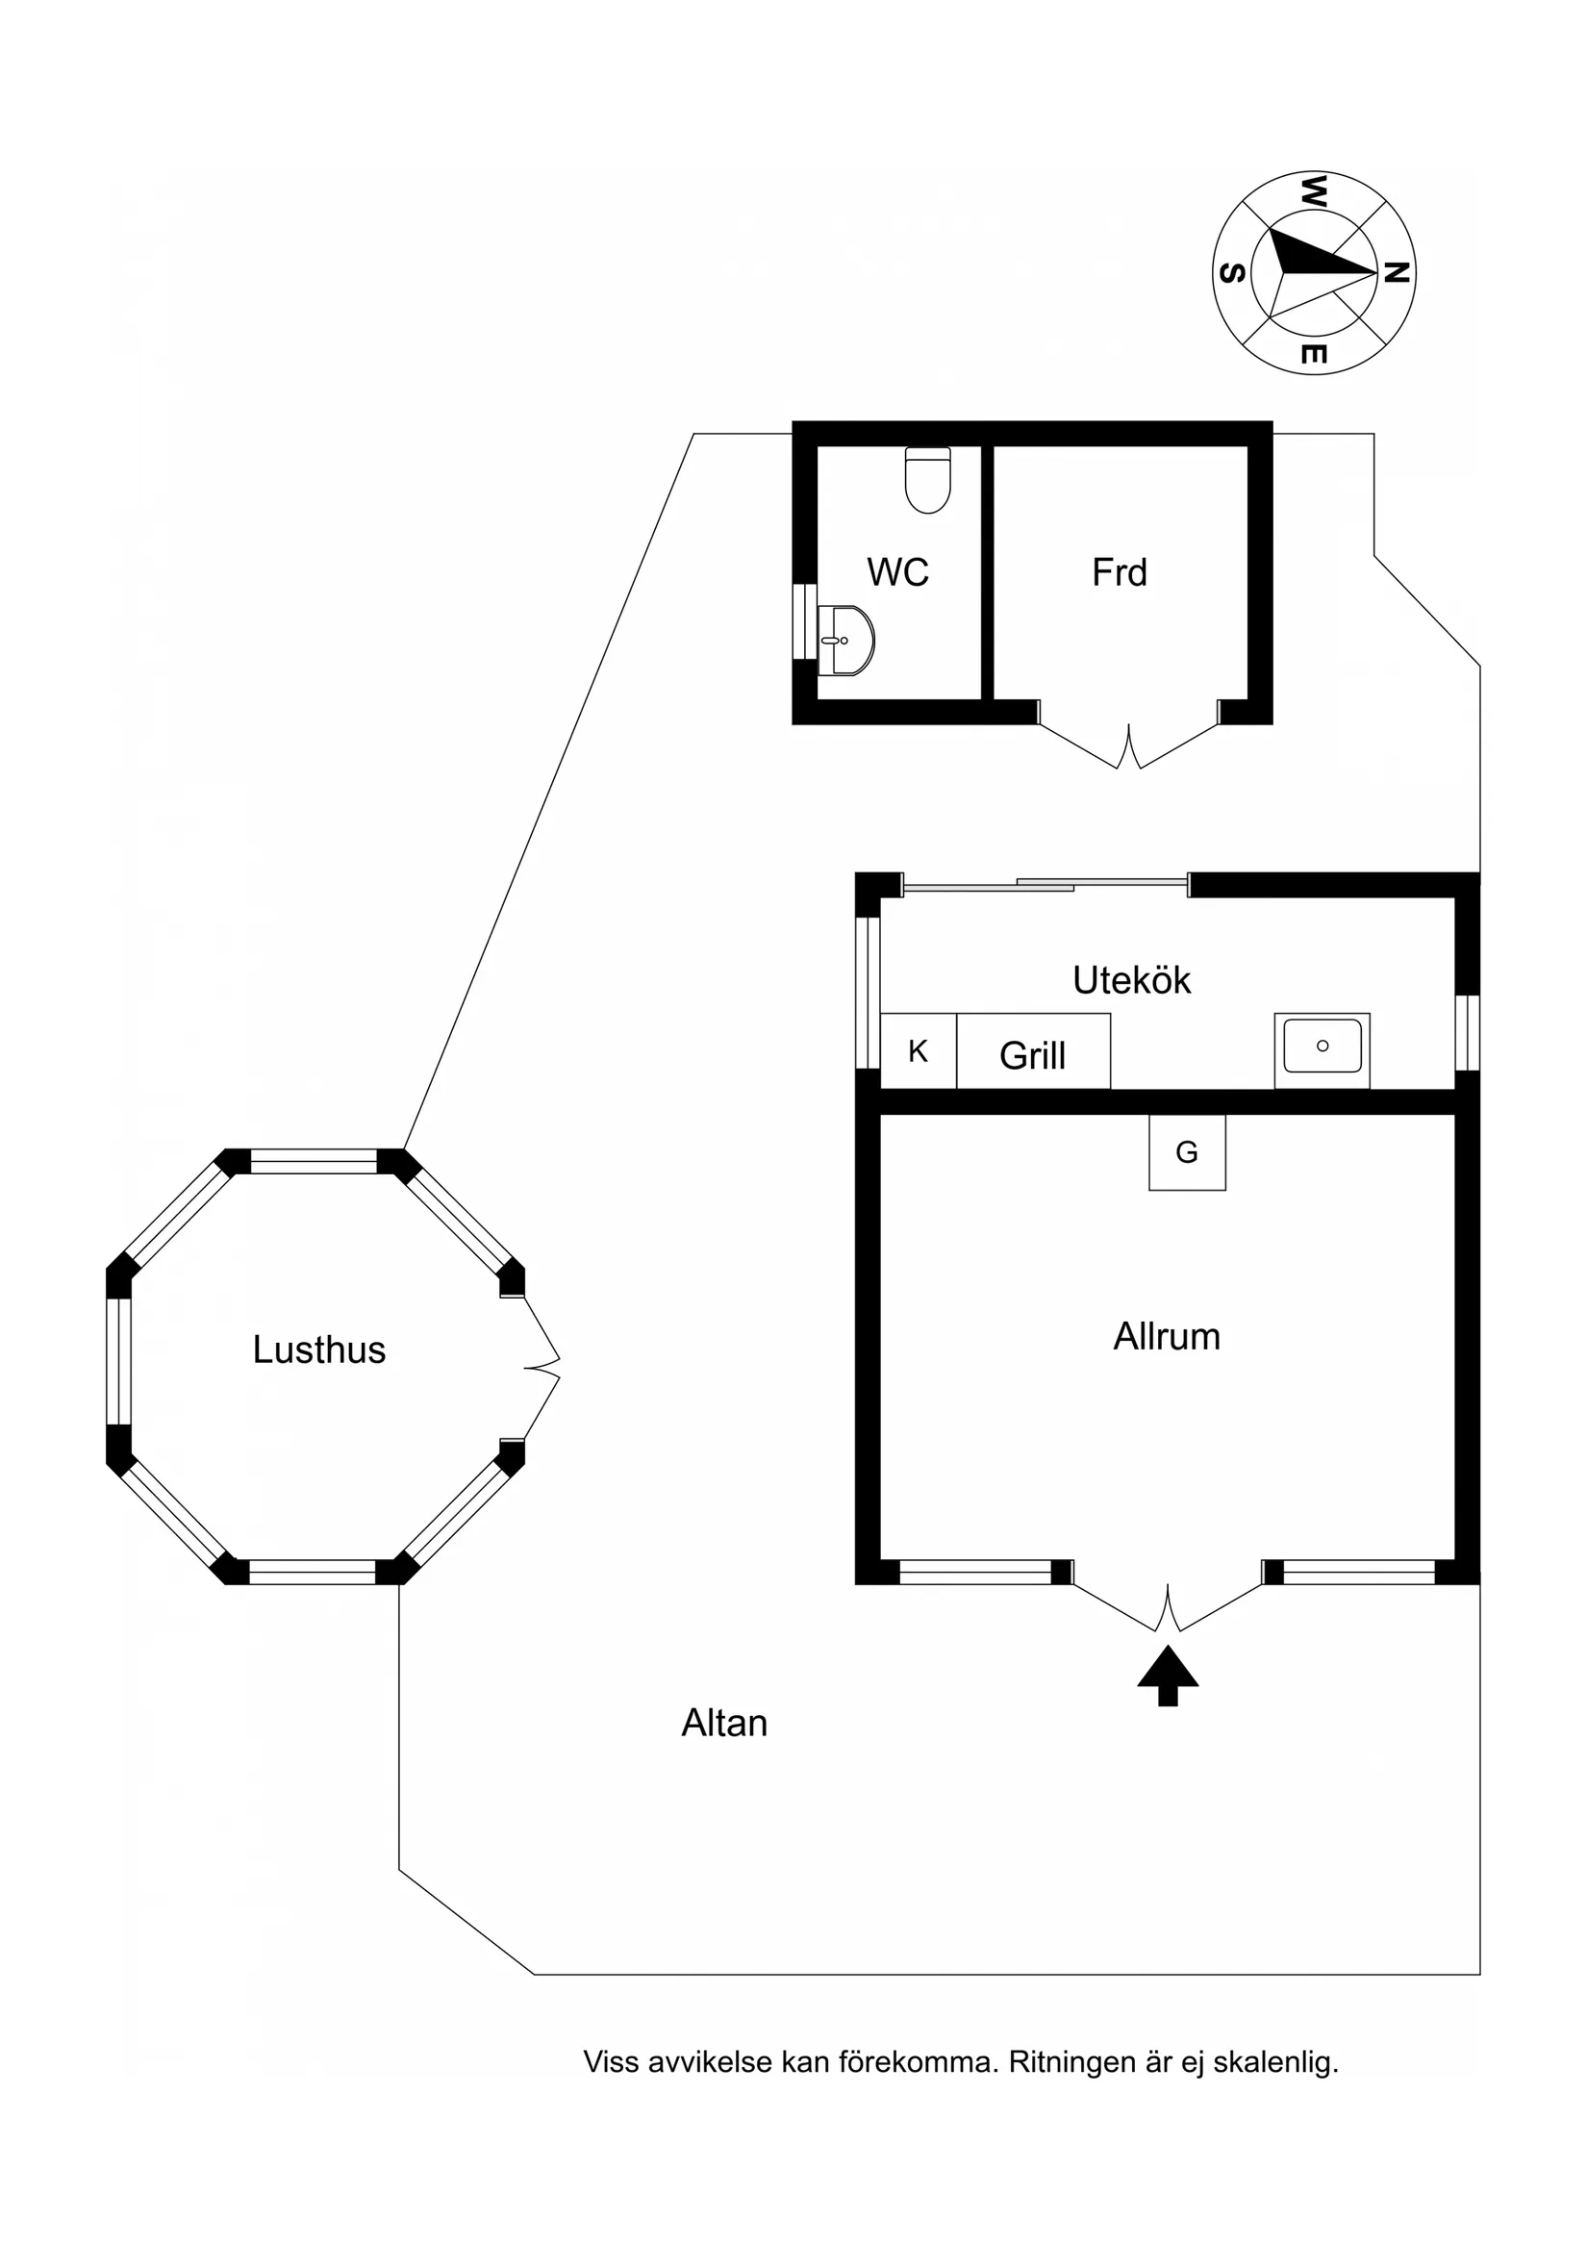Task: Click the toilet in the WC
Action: coord(928,480)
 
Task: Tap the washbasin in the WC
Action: coord(845,641)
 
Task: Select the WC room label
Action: coord(897,572)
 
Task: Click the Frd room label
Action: coord(1120,572)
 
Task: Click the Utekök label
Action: coord(1131,981)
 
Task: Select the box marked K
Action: coord(919,1051)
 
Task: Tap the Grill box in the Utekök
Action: coord(1034,1051)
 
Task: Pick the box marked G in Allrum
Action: coord(1187,1153)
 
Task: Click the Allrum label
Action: coord(1167,1337)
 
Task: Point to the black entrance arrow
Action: coord(1168,1676)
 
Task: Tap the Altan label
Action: coord(724,1724)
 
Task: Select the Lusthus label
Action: coord(318,1350)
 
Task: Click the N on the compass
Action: coord(1398,273)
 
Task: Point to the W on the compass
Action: coord(1313,190)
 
